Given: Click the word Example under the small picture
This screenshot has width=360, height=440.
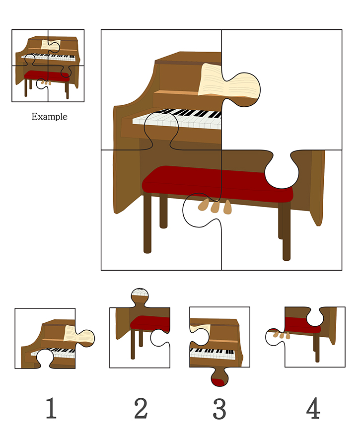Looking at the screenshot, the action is [x=49, y=116].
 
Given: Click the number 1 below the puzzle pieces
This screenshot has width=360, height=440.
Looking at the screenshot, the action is [x=51, y=408].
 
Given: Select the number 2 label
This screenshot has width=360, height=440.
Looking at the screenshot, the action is [x=141, y=408].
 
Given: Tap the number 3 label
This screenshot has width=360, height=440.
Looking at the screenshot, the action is [x=219, y=409].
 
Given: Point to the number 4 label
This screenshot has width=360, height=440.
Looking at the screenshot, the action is [x=313, y=408].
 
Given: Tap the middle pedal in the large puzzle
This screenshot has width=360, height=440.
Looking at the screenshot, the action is [x=215, y=207].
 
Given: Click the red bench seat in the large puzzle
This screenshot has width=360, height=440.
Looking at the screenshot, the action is [x=217, y=183].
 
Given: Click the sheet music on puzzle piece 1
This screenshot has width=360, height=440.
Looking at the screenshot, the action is [x=78, y=335].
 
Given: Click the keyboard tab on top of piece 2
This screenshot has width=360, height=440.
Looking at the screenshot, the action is [x=140, y=293].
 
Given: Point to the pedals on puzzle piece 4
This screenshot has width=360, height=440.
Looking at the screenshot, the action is [x=282, y=335].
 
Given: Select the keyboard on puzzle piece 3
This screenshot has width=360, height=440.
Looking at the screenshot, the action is [x=213, y=354].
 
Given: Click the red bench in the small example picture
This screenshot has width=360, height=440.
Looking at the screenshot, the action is [x=47, y=75].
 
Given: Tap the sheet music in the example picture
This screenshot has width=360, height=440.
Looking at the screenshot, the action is [x=51, y=45].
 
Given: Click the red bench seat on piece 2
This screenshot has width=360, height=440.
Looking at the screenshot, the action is [x=150, y=323].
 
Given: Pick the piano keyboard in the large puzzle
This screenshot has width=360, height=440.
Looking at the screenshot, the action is [x=177, y=119].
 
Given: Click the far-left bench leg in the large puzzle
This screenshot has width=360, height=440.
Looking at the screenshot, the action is [x=147, y=223].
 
